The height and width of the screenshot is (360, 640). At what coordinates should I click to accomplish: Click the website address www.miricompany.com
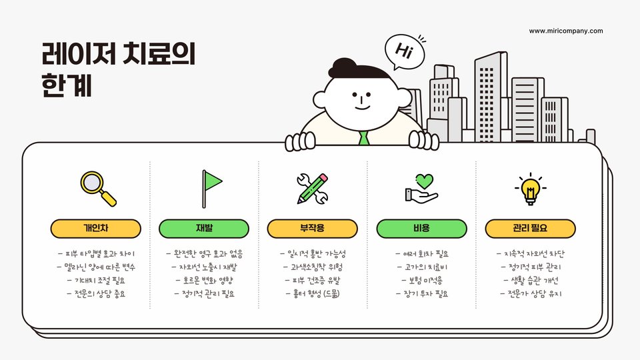(566, 31)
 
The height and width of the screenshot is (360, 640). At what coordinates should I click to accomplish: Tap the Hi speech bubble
(404, 51)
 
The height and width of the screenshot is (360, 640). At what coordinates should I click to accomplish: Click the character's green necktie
(363, 139)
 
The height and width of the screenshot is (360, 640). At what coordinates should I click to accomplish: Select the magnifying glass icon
(97, 188)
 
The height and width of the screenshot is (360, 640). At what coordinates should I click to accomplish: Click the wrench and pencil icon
(312, 188)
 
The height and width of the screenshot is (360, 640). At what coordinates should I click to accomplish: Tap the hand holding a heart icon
(421, 188)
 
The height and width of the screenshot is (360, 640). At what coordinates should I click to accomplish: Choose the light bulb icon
(530, 188)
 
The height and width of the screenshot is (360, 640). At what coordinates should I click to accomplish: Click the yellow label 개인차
(96, 229)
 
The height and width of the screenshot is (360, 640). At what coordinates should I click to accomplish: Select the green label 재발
(204, 229)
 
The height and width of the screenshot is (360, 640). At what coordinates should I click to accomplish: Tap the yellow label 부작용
(313, 229)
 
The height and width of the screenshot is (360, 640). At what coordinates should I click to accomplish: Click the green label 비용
(421, 229)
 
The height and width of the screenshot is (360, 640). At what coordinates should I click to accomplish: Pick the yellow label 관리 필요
(530, 229)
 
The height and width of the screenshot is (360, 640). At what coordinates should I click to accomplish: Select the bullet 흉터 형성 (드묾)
(313, 293)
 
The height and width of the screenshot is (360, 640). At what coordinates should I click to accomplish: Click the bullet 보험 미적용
(421, 280)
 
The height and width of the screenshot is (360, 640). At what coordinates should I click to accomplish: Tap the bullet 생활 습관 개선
(530, 280)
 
